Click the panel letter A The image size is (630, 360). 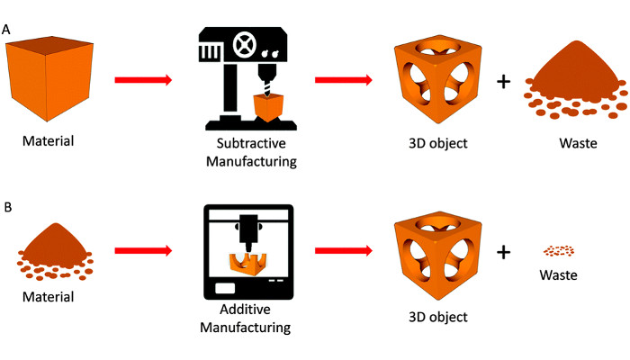pyautogui.click(x=7, y=31)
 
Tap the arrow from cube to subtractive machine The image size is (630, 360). pyautogui.click(x=143, y=80)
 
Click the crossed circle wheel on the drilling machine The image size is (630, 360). pyautogui.click(x=243, y=42)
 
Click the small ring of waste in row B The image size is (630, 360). pyautogui.click(x=559, y=250)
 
